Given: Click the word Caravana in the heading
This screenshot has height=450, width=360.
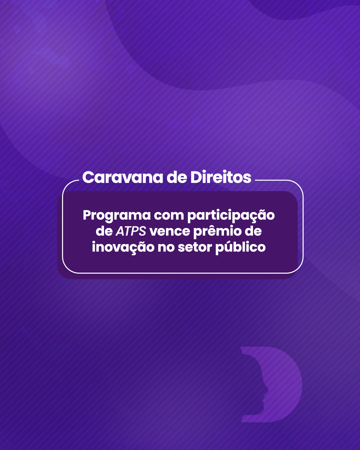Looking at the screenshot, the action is coord(123,177).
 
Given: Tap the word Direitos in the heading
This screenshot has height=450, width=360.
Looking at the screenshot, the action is coord(221,177).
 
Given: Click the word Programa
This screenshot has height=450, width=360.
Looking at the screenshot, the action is coord(117,216).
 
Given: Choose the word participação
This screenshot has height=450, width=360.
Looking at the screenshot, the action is coord(231,216).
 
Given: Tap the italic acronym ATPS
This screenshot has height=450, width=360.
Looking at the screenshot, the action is coord(131,231).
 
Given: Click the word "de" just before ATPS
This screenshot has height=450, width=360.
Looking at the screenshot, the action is coord(104,231).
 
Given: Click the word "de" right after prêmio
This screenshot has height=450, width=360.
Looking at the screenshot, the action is coord(253,231).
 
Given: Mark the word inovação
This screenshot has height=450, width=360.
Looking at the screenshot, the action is coord(123,247).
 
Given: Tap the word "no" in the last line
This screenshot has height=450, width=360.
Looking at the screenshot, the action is coord(166,248).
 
